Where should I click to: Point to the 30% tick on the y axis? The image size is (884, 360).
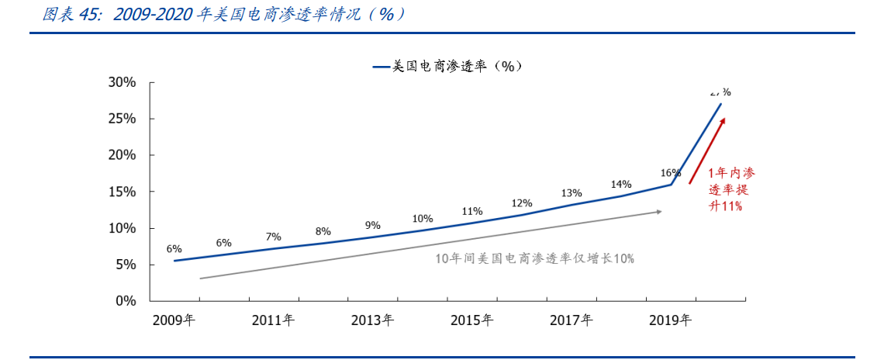(123, 82)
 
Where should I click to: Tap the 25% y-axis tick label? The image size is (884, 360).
(123, 119)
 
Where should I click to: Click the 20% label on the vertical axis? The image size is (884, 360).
(123, 155)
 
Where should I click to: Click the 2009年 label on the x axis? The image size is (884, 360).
(174, 320)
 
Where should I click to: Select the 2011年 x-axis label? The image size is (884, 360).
(273, 320)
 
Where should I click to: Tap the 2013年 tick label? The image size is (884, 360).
(372, 320)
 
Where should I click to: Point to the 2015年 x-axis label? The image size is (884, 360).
(471, 320)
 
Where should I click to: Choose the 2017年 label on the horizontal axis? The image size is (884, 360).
(571, 320)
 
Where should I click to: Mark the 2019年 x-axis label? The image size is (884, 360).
(670, 320)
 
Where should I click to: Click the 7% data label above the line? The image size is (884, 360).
(273, 237)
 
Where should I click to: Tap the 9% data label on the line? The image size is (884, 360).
(372, 225)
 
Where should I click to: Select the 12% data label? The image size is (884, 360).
(522, 203)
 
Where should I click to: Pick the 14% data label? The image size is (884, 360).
(621, 184)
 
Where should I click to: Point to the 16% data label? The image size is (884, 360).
(671, 172)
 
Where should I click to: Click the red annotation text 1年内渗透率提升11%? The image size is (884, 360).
(730, 189)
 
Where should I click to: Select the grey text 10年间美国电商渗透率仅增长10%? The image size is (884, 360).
(534, 259)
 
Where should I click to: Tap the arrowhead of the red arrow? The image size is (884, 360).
(723, 120)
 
